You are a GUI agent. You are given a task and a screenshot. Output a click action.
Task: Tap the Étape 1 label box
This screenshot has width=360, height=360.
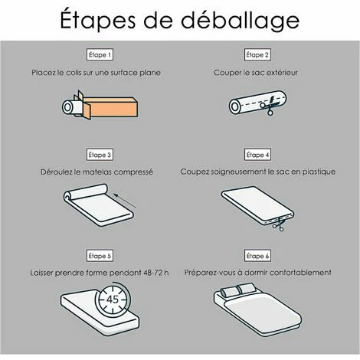coord(100,55)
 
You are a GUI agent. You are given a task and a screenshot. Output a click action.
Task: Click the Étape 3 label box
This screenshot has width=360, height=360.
coord(100,154)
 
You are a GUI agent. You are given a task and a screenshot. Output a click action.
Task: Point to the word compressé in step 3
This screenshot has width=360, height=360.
coord(133,172)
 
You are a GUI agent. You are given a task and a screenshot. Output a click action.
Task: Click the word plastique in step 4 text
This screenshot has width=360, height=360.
coord(316,172)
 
